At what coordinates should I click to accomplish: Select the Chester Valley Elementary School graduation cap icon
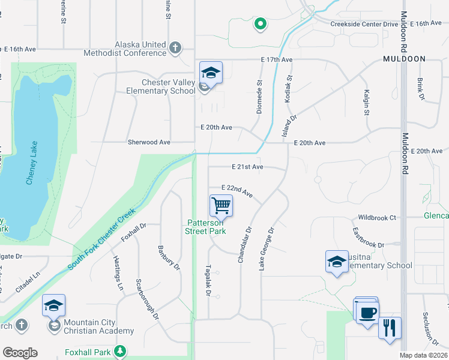click(x=211, y=73)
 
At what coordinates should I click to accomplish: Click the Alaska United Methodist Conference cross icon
click(x=175, y=47)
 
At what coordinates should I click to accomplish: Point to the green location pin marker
click(x=260, y=24)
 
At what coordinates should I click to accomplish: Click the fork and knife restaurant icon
click(x=389, y=328)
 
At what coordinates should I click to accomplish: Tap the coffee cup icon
click(x=367, y=313)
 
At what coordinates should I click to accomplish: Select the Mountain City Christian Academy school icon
click(x=53, y=306)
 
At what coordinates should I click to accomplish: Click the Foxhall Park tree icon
click(x=121, y=350)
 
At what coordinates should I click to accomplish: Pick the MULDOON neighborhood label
click(x=405, y=59)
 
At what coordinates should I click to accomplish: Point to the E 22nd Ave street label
click(x=237, y=191)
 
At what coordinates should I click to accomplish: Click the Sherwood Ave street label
click(x=149, y=142)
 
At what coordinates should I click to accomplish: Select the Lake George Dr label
click(x=266, y=248)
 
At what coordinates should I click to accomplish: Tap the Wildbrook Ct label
click(x=377, y=217)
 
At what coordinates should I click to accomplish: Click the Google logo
click(x=20, y=353)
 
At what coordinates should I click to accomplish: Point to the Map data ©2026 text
click(x=423, y=355)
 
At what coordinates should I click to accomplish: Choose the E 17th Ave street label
click(x=276, y=60)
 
